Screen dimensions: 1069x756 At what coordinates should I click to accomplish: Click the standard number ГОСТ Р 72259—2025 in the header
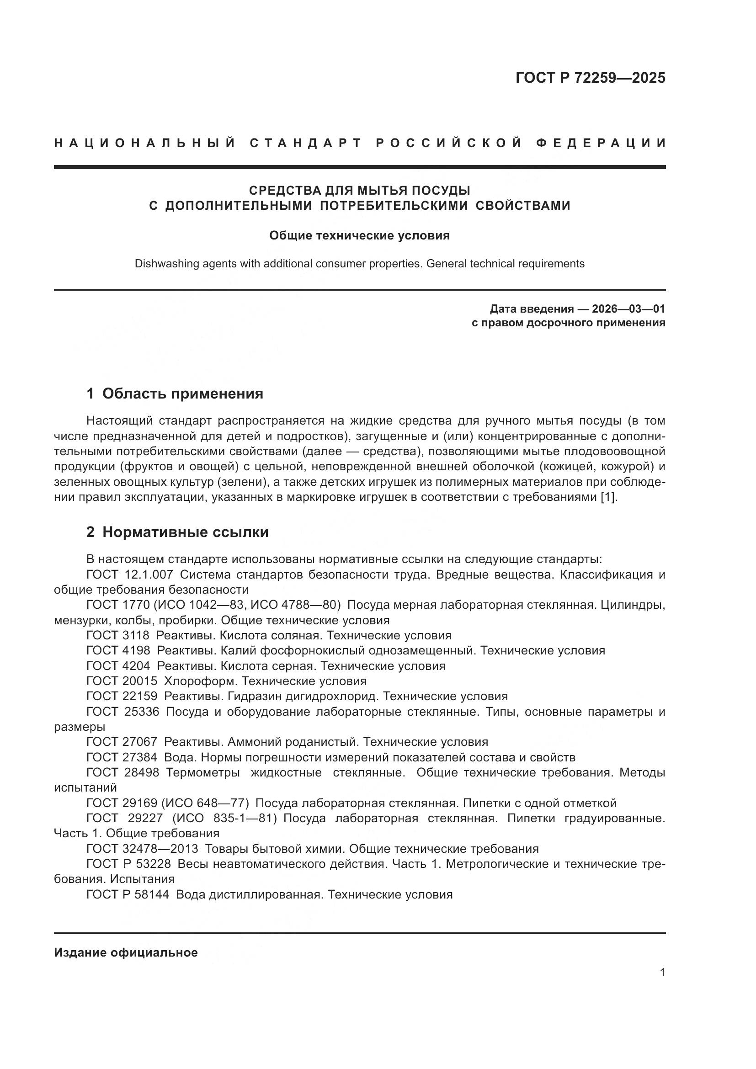[590, 78]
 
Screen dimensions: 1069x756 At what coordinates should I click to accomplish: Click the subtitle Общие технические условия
[359, 235]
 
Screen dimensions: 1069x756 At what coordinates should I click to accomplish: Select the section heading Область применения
[182, 394]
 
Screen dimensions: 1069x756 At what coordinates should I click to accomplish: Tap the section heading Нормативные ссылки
[185, 532]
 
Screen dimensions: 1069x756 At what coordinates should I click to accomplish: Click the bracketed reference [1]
[608, 497]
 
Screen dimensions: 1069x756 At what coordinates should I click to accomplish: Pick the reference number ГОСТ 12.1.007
[130, 574]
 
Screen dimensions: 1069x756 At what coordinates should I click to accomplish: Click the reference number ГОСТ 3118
[118, 636]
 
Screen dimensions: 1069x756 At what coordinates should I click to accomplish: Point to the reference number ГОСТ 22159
[122, 697]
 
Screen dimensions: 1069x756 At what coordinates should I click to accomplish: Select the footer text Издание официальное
[126, 952]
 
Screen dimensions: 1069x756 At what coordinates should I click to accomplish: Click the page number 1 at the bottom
[662, 973]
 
